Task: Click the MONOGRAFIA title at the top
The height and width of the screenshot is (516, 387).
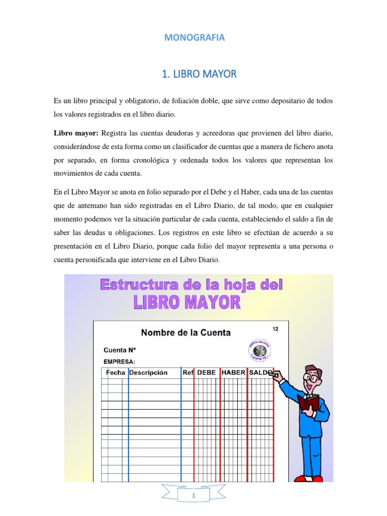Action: [193, 37]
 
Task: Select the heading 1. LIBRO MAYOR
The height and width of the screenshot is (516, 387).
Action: [199, 74]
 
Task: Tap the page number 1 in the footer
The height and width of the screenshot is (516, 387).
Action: [194, 496]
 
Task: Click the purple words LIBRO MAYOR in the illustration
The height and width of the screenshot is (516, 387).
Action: [186, 302]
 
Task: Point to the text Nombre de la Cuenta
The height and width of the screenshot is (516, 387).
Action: [185, 333]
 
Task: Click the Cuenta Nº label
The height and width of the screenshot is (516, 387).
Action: [120, 349]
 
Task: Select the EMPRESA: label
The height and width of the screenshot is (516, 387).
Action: [119, 361]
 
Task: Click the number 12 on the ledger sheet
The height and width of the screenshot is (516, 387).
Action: [275, 329]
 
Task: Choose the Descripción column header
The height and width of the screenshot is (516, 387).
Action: [148, 373]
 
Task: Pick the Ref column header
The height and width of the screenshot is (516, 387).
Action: [188, 373]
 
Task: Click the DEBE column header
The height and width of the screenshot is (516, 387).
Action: [206, 373]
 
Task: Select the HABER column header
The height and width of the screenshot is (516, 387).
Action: [233, 373]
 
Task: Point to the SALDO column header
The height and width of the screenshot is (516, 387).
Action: [261, 373]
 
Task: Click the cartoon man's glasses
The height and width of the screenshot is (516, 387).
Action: [312, 377]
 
